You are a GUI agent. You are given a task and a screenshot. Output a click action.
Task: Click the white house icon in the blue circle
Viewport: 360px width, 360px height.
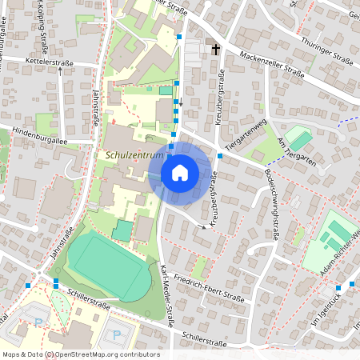pyautogui.click(x=180, y=172)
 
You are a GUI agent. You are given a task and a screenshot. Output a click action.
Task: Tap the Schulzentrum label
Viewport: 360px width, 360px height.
pyautogui.click(x=134, y=154)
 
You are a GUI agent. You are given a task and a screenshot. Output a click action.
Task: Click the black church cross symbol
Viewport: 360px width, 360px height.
pyautogui.click(x=214, y=49)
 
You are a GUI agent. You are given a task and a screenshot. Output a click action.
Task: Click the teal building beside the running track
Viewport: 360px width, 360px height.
pyautogui.click(x=122, y=230)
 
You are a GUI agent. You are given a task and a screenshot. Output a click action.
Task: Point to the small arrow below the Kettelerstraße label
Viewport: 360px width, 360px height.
pyautogui.click(x=60, y=71)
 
